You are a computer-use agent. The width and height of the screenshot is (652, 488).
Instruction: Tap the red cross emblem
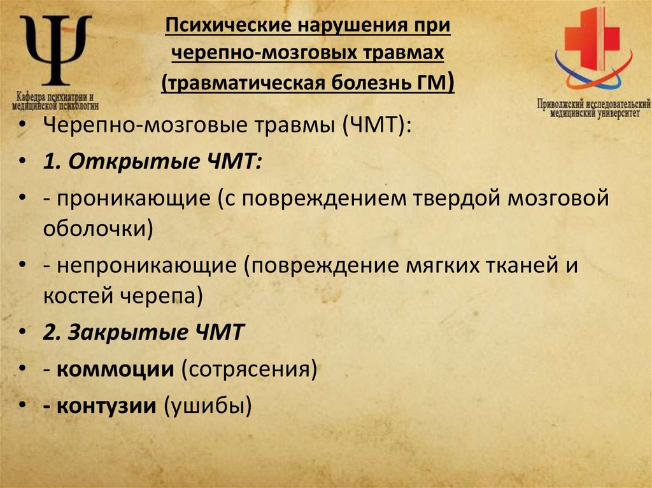point(593,39)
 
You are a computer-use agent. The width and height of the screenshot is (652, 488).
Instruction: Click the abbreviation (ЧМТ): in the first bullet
point(377,125)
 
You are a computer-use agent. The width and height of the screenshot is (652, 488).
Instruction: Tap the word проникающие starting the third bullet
point(134,199)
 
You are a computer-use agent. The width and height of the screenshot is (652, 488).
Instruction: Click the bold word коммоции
point(115,368)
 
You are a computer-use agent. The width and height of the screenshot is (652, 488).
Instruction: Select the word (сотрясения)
point(248,368)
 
